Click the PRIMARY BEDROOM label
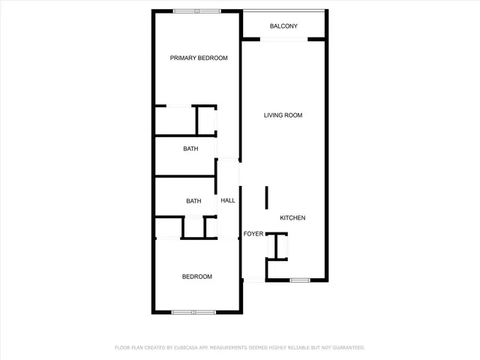(x=199, y=58)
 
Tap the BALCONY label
(x=283, y=27)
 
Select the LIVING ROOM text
(x=283, y=115)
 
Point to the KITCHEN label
(x=292, y=217)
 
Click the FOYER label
(x=253, y=234)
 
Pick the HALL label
(x=228, y=200)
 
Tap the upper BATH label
(x=191, y=148)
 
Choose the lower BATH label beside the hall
(x=194, y=200)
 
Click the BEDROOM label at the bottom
(x=197, y=277)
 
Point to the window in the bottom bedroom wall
(x=194, y=312)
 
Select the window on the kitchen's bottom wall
(x=300, y=280)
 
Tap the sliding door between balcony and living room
(x=283, y=40)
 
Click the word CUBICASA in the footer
(x=190, y=347)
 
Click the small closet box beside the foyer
(x=277, y=245)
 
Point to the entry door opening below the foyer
(x=254, y=280)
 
